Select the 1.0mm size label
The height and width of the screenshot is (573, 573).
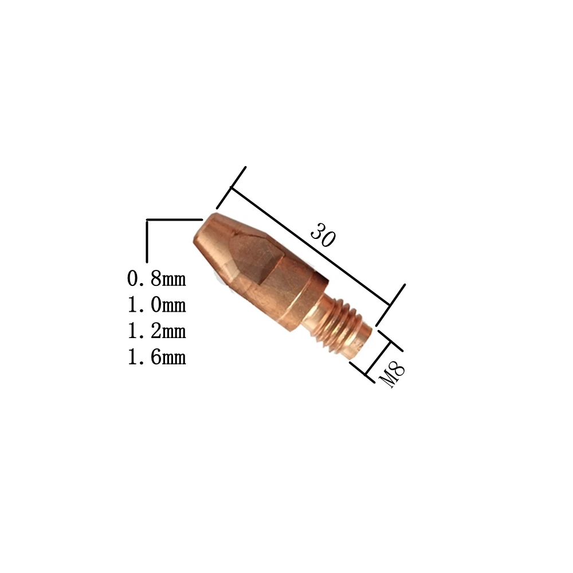(x=156, y=305)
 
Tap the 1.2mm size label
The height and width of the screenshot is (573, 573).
(x=156, y=331)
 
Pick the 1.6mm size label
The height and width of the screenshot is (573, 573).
(x=156, y=358)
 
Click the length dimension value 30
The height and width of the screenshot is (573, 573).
(x=322, y=235)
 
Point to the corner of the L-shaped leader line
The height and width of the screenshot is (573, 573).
(x=148, y=220)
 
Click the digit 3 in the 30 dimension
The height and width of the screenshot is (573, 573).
(x=317, y=231)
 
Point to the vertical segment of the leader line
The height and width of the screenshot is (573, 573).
(x=148, y=241)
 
